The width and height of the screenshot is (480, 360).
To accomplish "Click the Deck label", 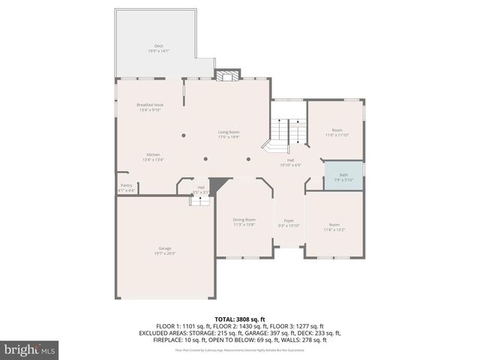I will tap(158, 46).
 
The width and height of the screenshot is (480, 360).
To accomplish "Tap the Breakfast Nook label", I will tap(149, 105).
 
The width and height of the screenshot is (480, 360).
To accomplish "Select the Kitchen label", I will tap(153, 154).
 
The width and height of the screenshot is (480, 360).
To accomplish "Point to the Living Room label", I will tap(229, 133).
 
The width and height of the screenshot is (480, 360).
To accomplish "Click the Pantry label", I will tap(126, 186).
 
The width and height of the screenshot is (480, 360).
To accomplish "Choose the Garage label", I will tap(164, 248).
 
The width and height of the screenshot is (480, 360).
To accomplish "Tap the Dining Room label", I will tap(244, 220).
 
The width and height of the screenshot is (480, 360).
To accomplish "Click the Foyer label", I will tap(289, 221).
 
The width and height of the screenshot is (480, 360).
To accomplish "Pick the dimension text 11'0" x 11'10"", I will tap(337, 135).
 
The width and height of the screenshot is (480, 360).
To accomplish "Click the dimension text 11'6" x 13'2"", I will tap(334, 229).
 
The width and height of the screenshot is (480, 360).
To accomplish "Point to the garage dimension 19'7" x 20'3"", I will tap(165, 253).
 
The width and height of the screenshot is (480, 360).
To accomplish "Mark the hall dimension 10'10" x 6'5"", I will tap(289, 165).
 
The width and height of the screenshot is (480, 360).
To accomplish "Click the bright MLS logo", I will tap(31, 349).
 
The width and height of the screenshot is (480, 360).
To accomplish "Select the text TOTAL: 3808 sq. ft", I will tap(239, 319).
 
